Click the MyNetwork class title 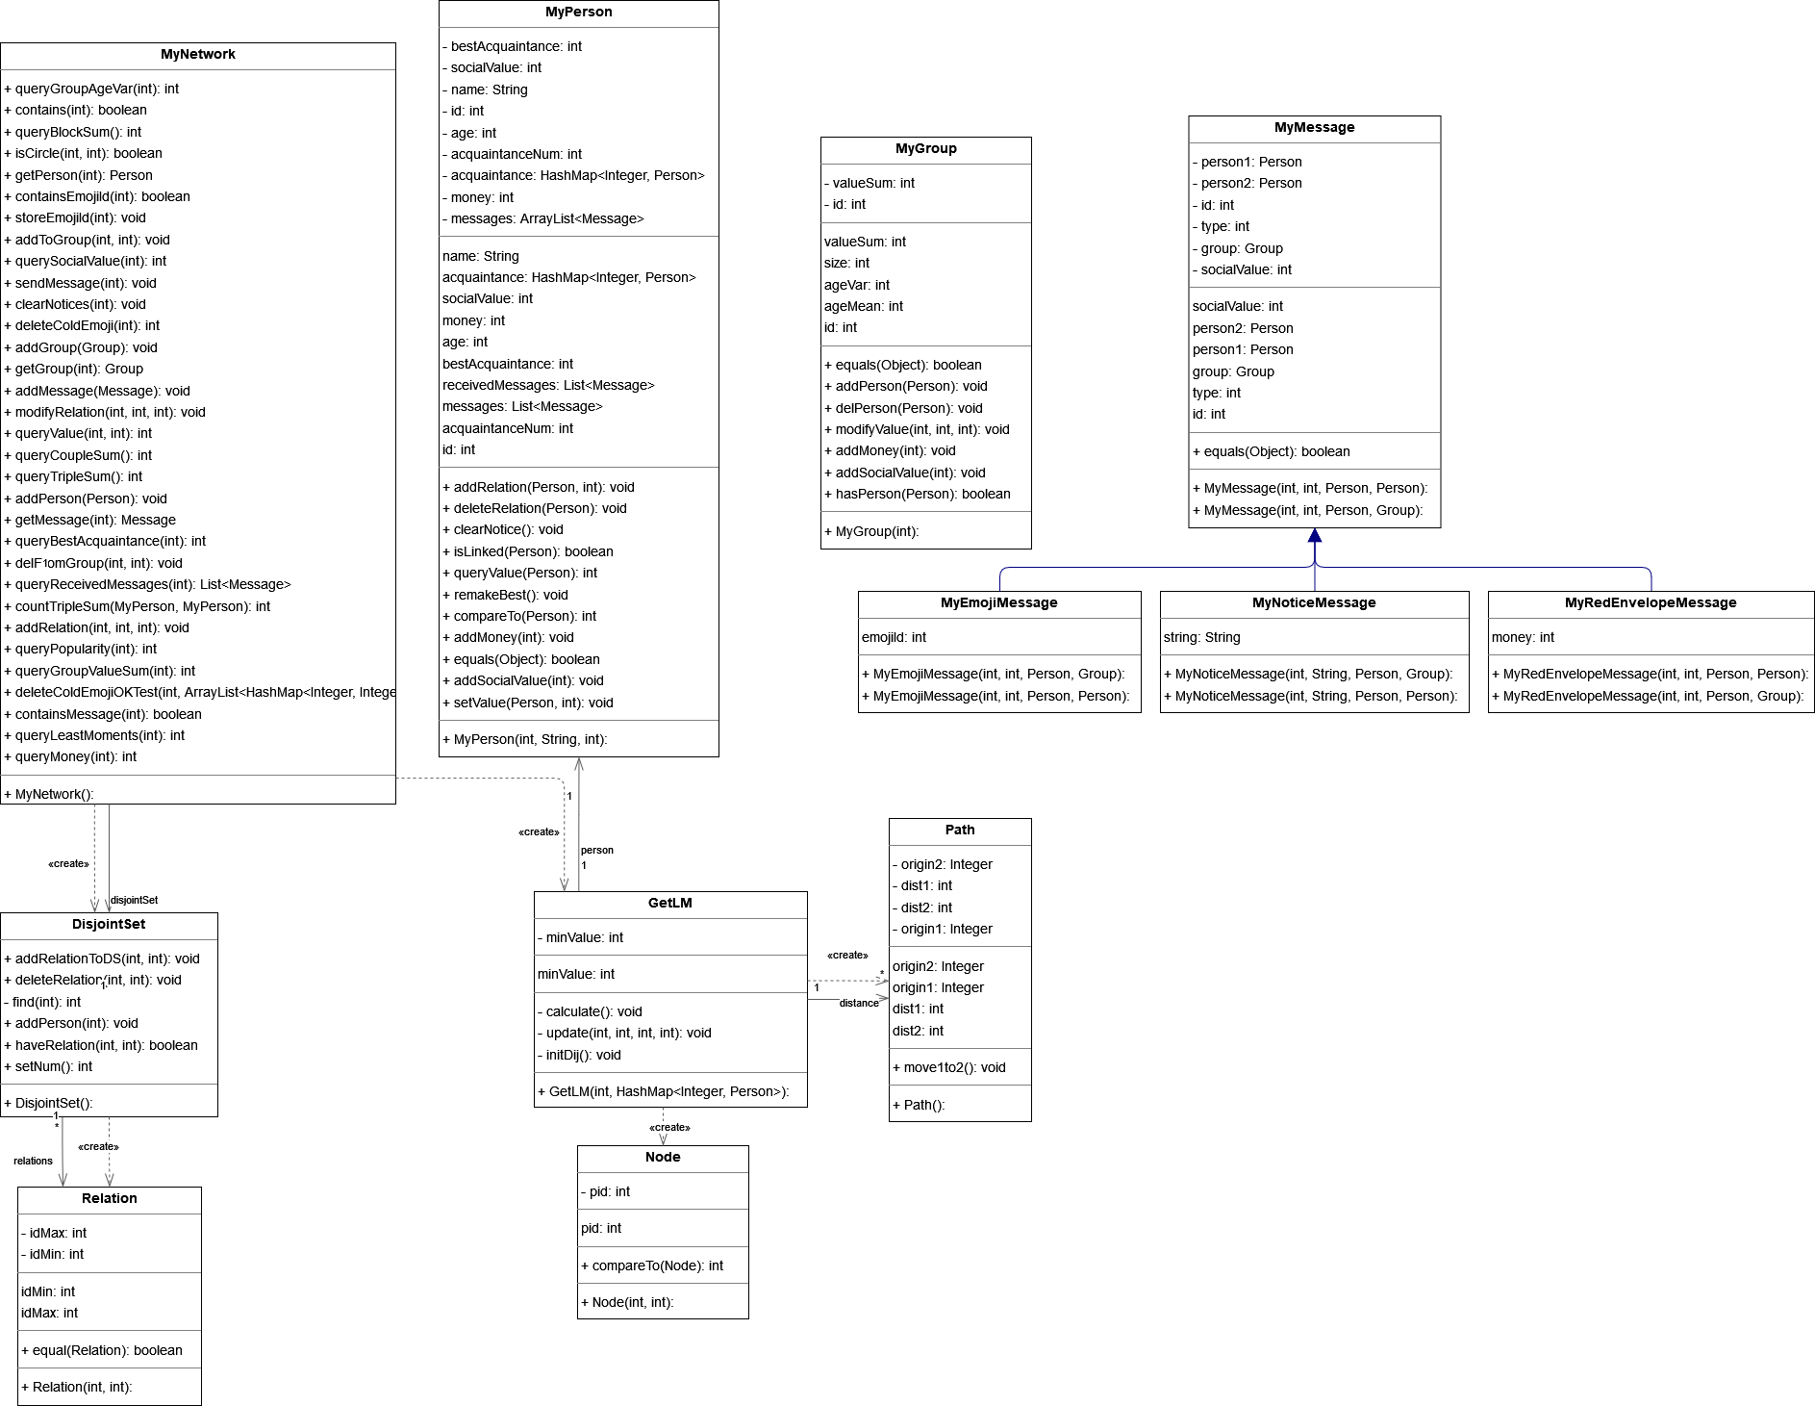198,55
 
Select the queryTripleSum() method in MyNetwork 73,476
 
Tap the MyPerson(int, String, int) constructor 525,739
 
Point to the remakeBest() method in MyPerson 505,595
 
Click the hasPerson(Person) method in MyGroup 918,494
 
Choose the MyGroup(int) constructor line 871,531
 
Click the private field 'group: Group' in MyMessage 1238,248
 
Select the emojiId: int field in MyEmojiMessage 895,637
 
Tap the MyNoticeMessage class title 1314,603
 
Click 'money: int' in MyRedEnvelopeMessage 1524,637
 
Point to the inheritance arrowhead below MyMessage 1315,536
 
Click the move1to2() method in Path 949,1067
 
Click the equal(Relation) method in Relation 102,1350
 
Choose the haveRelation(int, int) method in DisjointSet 101,1045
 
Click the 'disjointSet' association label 134,901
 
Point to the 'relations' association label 33,1161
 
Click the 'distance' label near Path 859,1003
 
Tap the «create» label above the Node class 669,1127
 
